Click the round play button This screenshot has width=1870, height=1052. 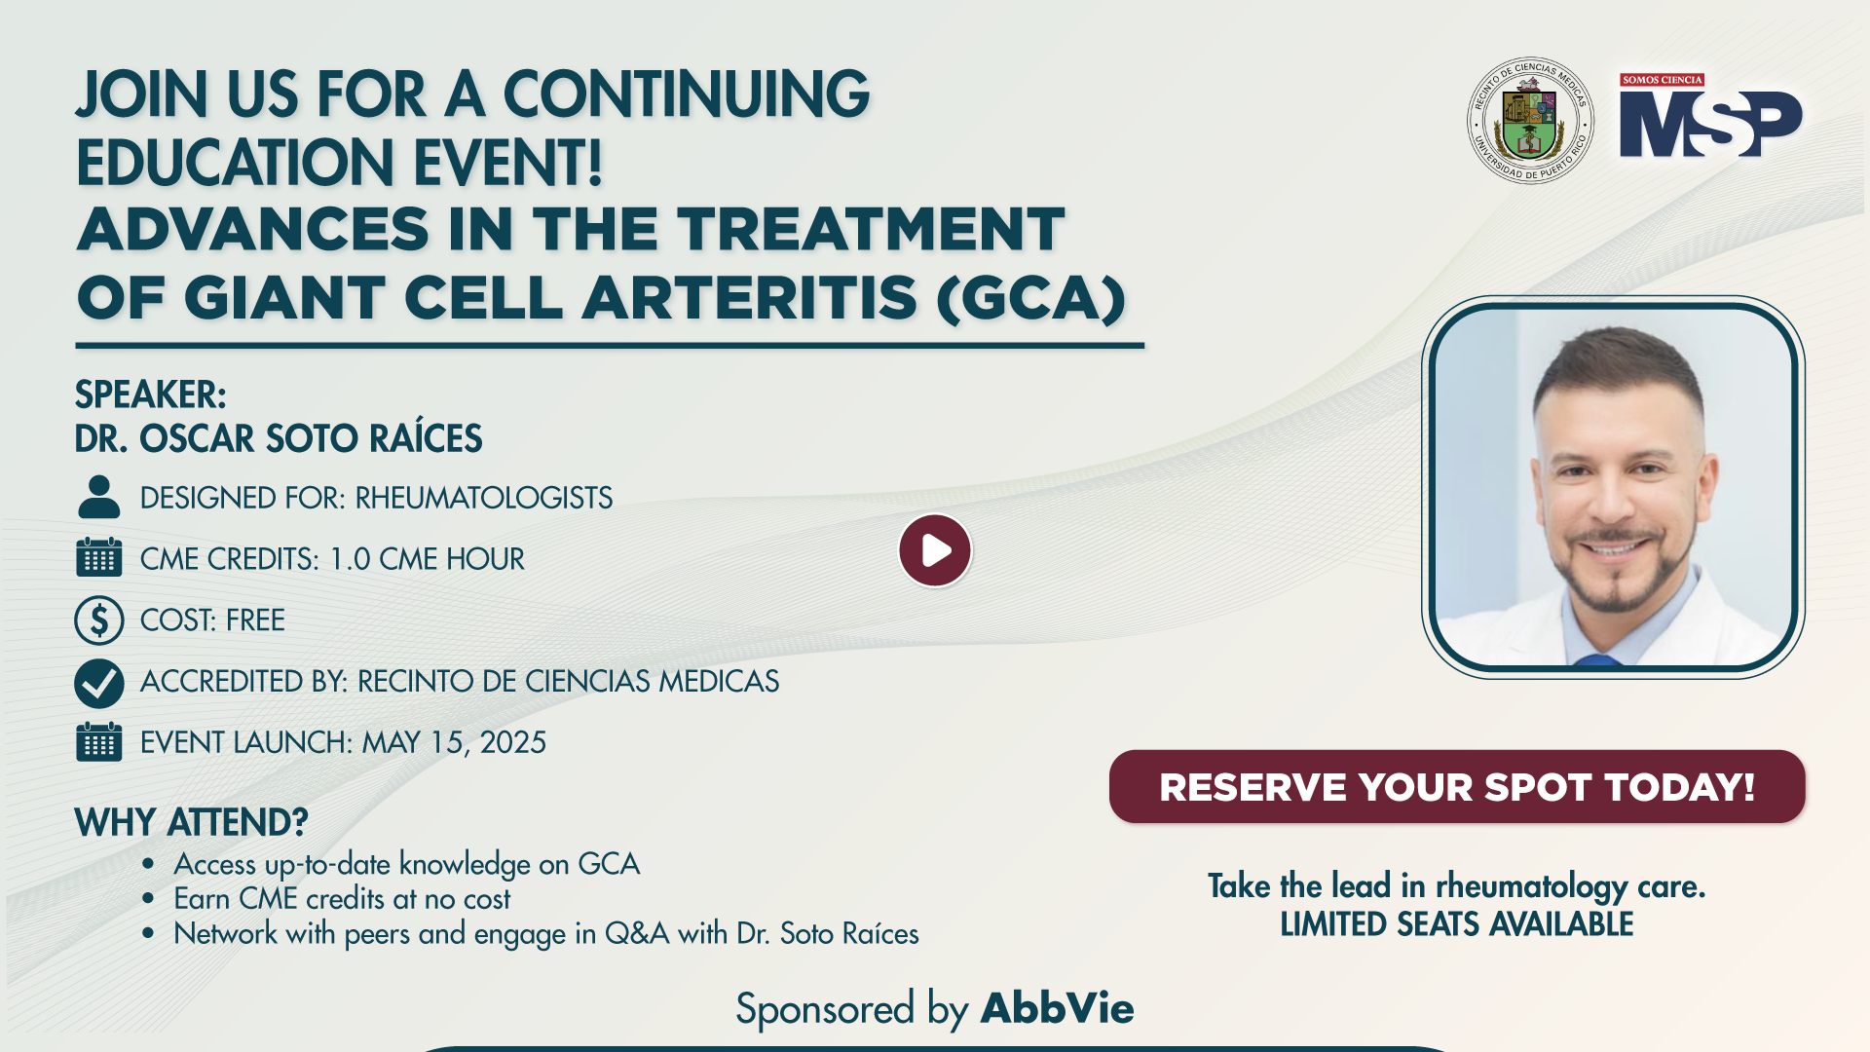tap(935, 550)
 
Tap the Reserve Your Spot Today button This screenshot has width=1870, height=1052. tap(1457, 786)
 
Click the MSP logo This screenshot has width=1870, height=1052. tap(1711, 116)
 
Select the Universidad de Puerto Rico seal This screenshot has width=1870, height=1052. tap(1530, 120)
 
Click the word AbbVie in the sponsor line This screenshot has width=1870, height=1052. tap(1058, 1008)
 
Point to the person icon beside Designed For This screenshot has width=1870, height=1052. tap(98, 497)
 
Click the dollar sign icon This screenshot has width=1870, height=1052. tap(99, 620)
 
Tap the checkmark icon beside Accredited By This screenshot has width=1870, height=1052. tap(99, 682)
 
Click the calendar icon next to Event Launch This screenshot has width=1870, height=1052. tap(99, 741)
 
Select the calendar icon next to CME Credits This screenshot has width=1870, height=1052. tap(99, 557)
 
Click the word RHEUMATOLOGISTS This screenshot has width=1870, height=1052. tap(484, 498)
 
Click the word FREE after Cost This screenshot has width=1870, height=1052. tap(255, 620)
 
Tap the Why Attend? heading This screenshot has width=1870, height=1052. tap(192, 823)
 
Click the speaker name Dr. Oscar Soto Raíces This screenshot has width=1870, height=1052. tap(279, 438)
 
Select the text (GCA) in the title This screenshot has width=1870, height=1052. tap(1031, 298)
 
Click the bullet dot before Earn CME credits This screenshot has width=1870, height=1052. tap(148, 898)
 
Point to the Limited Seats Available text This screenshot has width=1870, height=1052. tap(1457, 924)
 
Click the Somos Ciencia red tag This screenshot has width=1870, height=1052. tap(1663, 80)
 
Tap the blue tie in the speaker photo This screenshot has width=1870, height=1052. tap(1598, 660)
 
